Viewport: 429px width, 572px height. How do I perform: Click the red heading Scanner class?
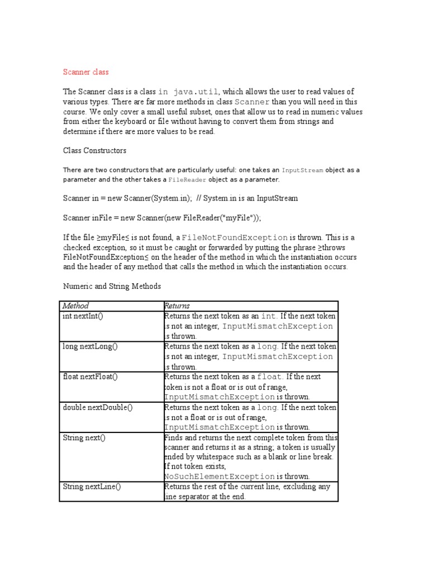click(85, 72)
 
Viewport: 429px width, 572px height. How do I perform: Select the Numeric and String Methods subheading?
click(111, 286)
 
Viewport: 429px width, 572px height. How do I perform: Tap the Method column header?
click(75, 306)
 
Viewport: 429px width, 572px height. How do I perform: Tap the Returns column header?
click(177, 306)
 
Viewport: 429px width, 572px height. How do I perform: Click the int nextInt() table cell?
click(83, 316)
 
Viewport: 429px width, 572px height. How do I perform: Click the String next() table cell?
click(84, 437)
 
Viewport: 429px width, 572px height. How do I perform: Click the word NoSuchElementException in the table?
click(220, 476)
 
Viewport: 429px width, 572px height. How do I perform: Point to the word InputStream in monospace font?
click(302, 170)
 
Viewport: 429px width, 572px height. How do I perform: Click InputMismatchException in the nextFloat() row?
click(220, 397)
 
